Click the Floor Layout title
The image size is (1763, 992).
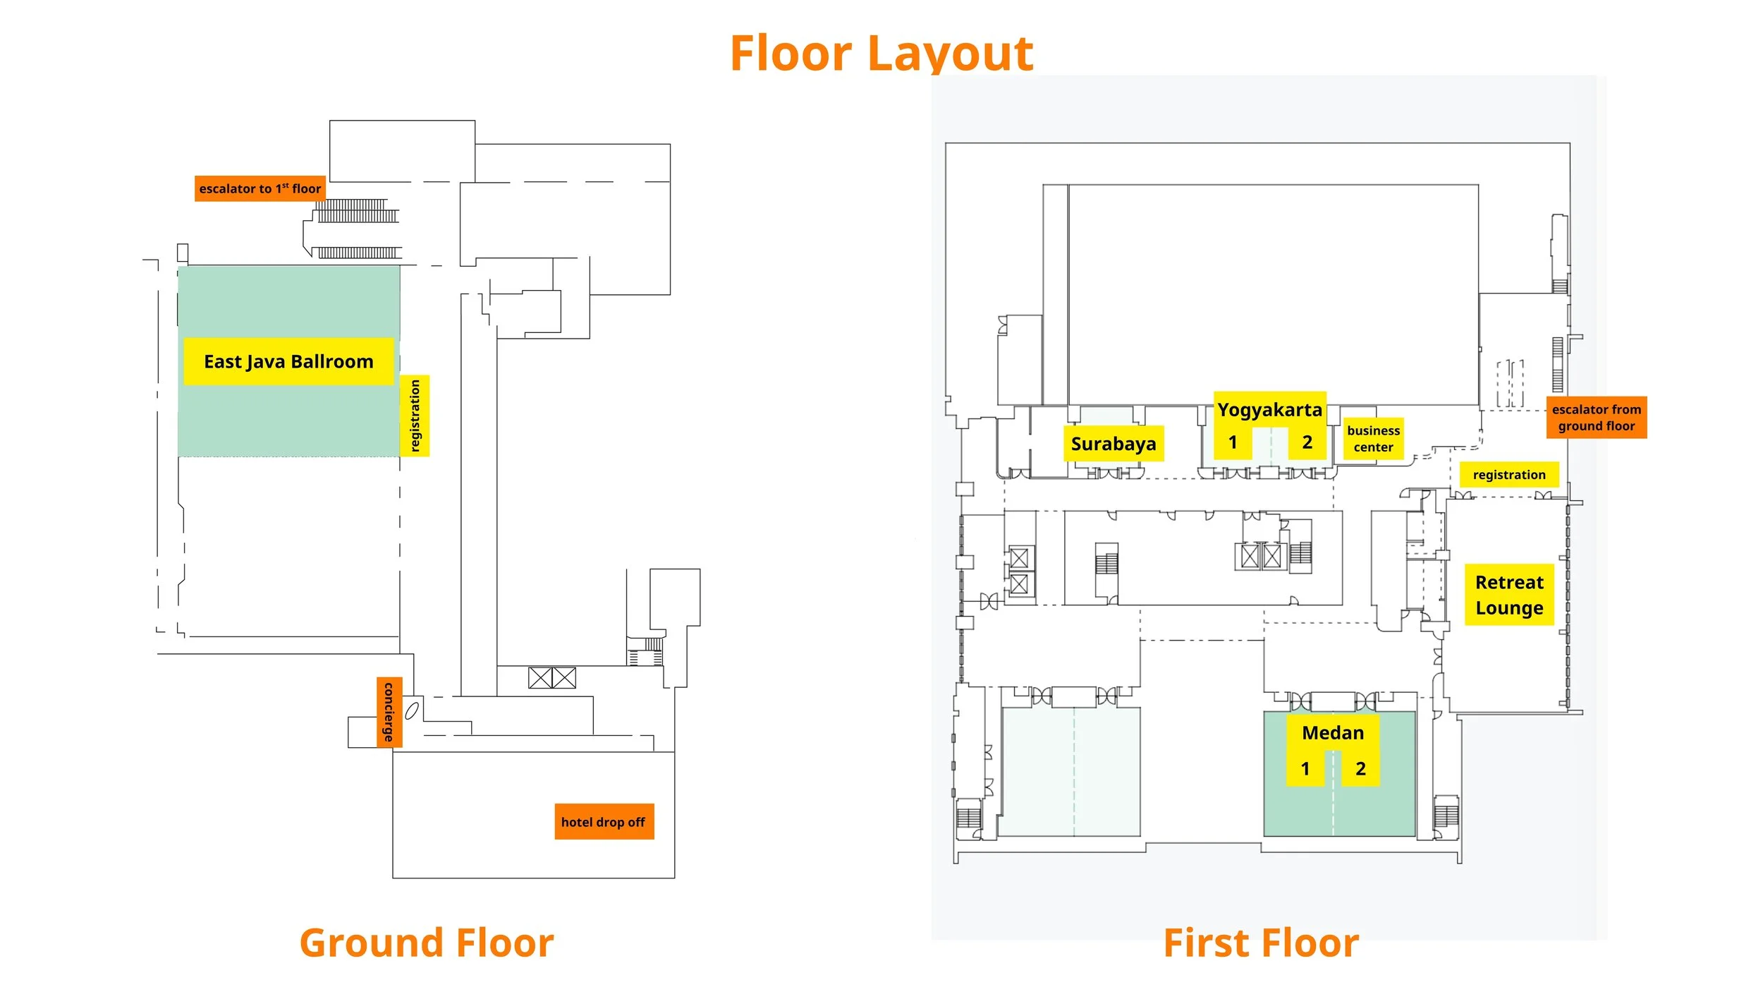(x=881, y=54)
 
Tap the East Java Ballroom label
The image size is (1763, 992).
(x=288, y=361)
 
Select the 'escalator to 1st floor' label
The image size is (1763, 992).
(x=260, y=188)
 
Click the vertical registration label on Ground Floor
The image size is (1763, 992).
(x=415, y=416)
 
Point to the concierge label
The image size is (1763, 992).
(x=389, y=711)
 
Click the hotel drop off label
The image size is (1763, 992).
(x=603, y=822)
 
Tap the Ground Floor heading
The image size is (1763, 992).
(x=427, y=943)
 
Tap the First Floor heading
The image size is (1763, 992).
(x=1261, y=943)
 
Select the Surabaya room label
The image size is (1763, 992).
(x=1114, y=444)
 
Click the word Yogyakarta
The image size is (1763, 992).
(x=1269, y=410)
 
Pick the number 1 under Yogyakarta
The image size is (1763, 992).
(x=1233, y=442)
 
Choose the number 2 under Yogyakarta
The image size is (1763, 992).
(x=1307, y=442)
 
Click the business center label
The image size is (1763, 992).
(x=1373, y=439)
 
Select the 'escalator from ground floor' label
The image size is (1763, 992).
(x=1597, y=418)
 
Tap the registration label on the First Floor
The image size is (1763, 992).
(x=1509, y=475)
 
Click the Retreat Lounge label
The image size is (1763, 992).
(x=1509, y=595)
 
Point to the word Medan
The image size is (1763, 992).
(x=1333, y=733)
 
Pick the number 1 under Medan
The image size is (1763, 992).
(x=1305, y=768)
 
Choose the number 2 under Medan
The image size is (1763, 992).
(x=1360, y=768)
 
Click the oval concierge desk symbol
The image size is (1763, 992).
(x=413, y=710)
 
